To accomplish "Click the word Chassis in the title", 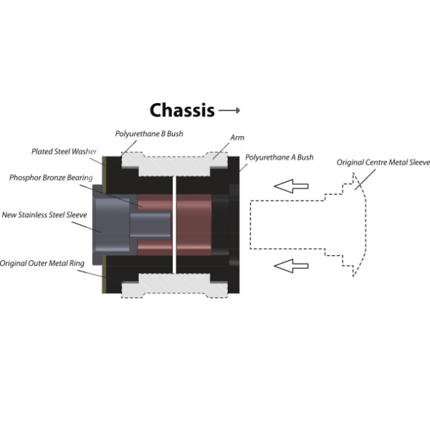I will pos(182,110).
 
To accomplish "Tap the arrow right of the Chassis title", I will pos(229,111).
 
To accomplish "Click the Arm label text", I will pos(236,136).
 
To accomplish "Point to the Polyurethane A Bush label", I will pos(279,156).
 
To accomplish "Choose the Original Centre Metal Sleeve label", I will pos(383,163).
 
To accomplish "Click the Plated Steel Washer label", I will pos(64,152).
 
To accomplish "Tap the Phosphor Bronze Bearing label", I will pos(50,177).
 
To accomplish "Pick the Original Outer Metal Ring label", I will pos(42,263).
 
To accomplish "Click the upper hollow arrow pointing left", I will pos(292,187).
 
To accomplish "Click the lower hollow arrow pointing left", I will pos(292,267).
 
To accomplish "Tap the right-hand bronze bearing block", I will pos(194,222).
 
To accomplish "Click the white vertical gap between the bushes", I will pos(174,222).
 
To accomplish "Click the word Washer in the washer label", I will pos(83,152).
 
